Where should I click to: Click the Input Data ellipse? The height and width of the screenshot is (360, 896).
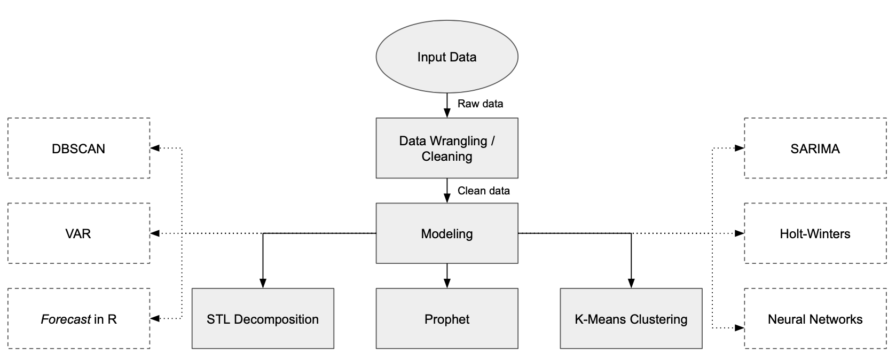tap(447, 57)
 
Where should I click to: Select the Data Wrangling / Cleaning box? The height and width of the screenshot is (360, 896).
tap(447, 148)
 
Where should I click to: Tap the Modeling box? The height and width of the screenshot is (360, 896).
tap(447, 233)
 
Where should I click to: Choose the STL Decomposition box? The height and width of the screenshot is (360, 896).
tap(263, 319)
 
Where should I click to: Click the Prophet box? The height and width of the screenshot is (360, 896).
tap(447, 319)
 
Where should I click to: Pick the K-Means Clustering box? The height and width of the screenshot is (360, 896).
tap(631, 319)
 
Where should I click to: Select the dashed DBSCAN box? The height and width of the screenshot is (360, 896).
tap(78, 148)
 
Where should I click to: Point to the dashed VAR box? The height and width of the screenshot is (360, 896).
tap(78, 233)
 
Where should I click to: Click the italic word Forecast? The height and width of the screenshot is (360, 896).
tap(65, 319)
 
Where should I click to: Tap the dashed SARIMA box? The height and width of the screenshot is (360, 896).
tap(815, 148)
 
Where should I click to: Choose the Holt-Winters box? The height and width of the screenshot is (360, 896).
tap(815, 233)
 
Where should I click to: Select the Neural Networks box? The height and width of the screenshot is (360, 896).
tap(815, 319)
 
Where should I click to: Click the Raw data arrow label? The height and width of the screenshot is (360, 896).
tap(480, 104)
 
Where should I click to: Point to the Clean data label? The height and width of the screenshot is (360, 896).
tap(483, 191)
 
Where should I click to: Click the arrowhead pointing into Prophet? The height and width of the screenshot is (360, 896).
tap(447, 284)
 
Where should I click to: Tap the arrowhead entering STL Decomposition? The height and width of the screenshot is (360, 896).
tap(263, 284)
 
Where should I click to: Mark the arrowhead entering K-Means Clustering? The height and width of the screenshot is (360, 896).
tap(631, 284)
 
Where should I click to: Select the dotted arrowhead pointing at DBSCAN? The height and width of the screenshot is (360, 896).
tap(155, 148)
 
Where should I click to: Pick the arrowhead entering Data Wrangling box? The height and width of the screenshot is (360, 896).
tap(447, 113)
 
